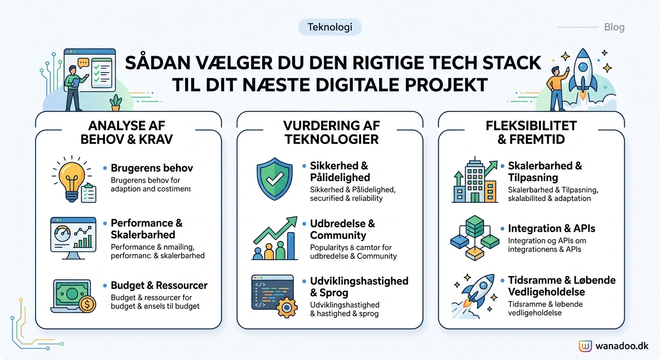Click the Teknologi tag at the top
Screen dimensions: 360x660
[330, 27]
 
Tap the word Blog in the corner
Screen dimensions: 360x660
[614, 27]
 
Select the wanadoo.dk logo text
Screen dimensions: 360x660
[622, 346]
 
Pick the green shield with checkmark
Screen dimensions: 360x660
[274, 180]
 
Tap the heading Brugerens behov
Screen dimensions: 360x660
[152, 168]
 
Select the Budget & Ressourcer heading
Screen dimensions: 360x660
[159, 285]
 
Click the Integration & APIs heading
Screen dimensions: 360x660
[552, 229]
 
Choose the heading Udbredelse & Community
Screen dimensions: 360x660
[343, 229]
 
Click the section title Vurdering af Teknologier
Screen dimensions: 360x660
[331, 132]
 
